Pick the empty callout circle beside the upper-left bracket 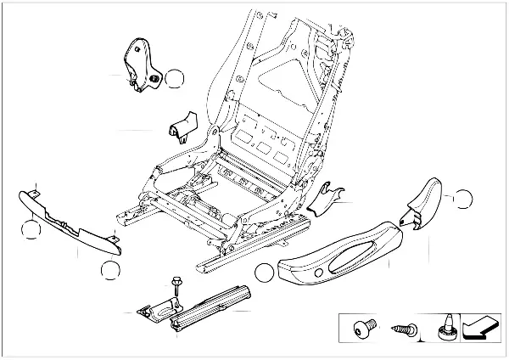coord(174,81)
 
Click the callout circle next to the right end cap coord(463,200)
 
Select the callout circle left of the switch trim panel coord(266,272)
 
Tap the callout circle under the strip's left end coord(31,229)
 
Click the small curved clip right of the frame coord(326,196)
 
